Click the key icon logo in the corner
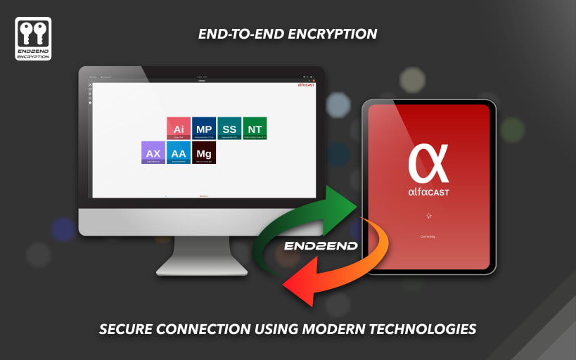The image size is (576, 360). click(x=32, y=39)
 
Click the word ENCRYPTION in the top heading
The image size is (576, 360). click(x=337, y=33)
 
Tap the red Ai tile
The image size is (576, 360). click(x=179, y=129)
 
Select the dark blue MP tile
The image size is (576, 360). click(x=204, y=129)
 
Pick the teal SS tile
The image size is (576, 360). click(x=229, y=129)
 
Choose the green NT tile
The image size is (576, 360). click(x=255, y=129)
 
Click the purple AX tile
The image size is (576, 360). click(x=153, y=153)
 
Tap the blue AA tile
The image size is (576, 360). click(x=179, y=153)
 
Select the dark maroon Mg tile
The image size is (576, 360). click(x=204, y=153)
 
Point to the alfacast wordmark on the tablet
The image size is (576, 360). click(x=428, y=191)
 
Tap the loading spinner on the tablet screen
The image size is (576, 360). click(x=428, y=216)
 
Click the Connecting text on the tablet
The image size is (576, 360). click(x=428, y=236)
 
